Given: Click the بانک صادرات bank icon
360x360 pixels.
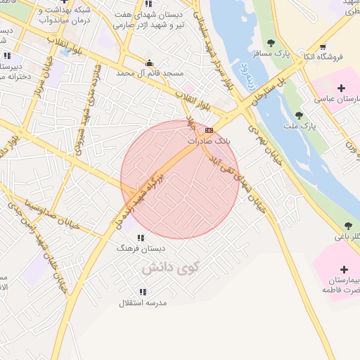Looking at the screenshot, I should [x=209, y=130].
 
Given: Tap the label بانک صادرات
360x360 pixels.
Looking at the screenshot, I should [x=209, y=141].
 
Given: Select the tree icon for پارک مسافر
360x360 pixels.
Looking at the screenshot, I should [x=271, y=44].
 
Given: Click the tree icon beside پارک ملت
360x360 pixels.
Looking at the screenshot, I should [x=299, y=115].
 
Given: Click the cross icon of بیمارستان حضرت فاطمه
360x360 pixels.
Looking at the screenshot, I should [x=344, y=269].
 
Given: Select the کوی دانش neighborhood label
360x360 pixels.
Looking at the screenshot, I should [x=170, y=268].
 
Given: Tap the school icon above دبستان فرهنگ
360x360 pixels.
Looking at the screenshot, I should [x=141, y=238].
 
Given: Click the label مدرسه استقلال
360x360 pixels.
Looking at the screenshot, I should [x=143, y=303].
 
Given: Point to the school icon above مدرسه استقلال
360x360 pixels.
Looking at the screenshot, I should [x=143, y=292].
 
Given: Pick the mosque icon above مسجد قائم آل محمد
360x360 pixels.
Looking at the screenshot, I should [x=148, y=63].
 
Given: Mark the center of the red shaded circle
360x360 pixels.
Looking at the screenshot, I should [x=180, y=179].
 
